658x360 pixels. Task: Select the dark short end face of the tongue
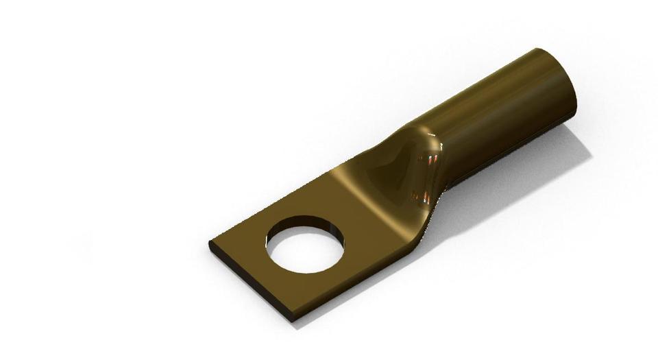tap(250, 283)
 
